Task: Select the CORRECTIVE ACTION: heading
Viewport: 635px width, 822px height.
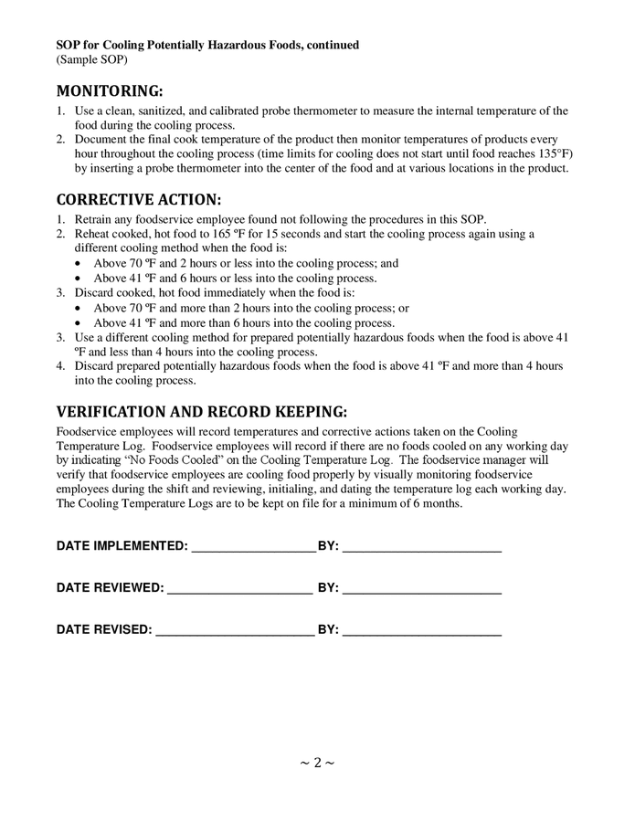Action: [138, 199]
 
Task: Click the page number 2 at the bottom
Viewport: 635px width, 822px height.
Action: [317, 763]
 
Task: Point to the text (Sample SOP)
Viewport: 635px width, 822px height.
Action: [91, 59]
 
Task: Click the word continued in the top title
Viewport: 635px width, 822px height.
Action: [331, 45]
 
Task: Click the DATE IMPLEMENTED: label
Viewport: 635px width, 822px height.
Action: [122, 546]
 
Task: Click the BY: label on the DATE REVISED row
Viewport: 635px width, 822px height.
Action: [328, 630]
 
